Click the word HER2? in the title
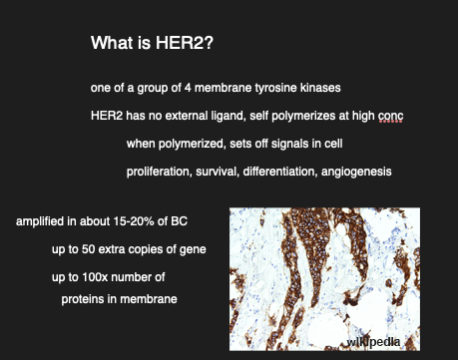point(185,43)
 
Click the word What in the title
point(112,43)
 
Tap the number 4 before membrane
point(188,88)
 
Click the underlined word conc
point(391,117)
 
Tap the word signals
point(290,144)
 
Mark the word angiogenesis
point(356,172)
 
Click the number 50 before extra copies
point(88,249)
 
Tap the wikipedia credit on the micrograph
point(373,342)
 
